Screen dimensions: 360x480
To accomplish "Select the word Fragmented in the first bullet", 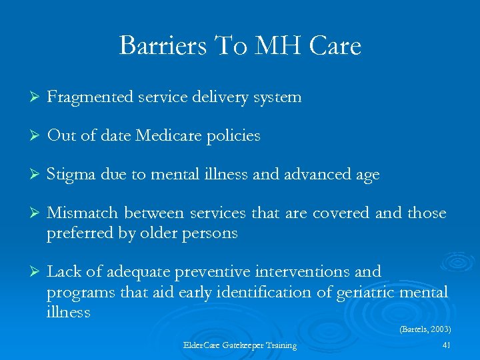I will pyautogui.click(x=90, y=97).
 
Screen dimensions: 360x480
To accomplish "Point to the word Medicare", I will pyautogui.click(x=169, y=136).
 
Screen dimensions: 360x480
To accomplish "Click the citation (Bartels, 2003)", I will pyautogui.click(x=425, y=329).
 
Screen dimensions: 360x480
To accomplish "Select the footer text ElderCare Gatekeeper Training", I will pyautogui.click(x=239, y=345).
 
